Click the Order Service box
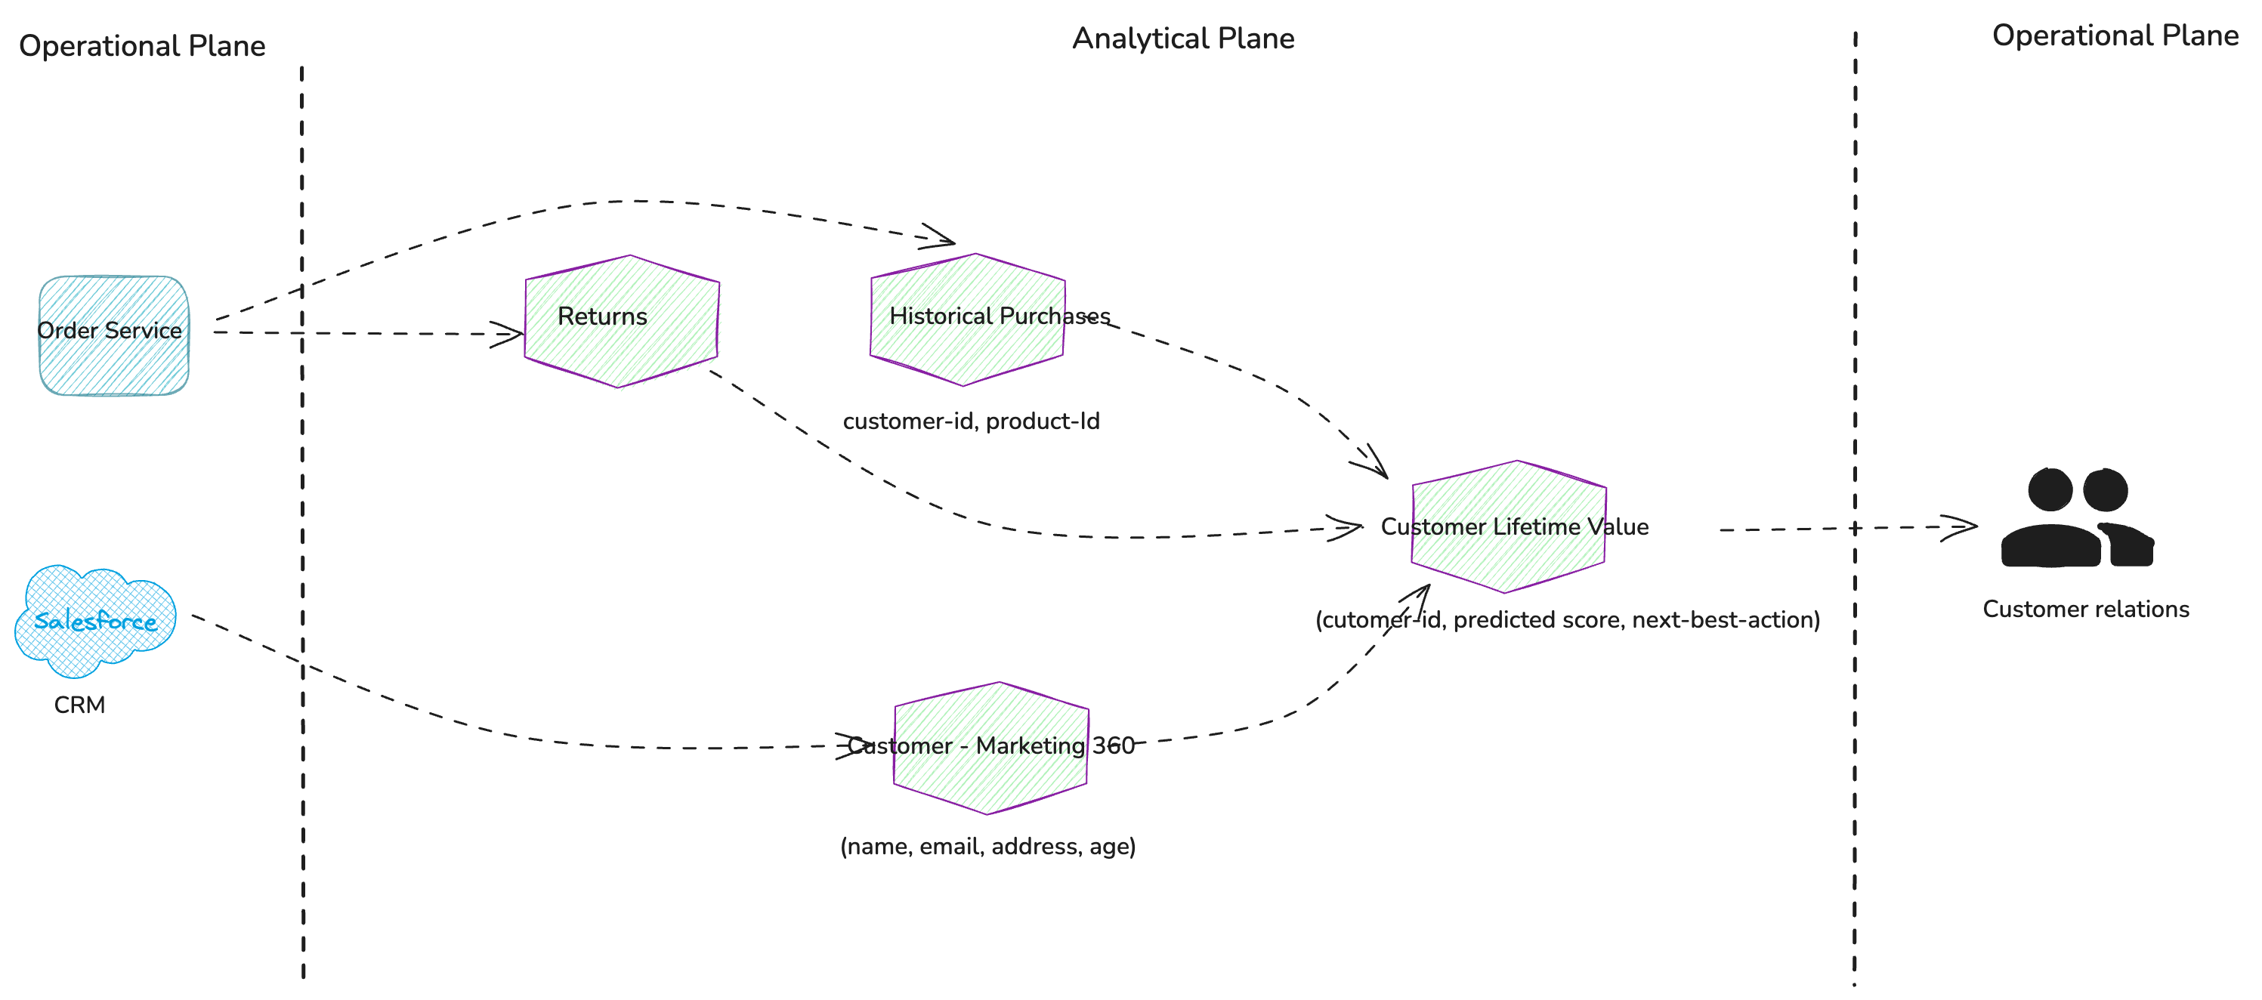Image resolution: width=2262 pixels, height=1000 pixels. (113, 335)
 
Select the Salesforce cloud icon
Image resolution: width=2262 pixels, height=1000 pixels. (95, 621)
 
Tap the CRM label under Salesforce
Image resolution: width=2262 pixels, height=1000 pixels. (79, 705)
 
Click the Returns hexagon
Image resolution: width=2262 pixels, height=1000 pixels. (621, 320)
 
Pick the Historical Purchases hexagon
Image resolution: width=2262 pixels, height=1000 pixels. (967, 319)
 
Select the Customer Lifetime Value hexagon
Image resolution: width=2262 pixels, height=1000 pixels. (1509, 526)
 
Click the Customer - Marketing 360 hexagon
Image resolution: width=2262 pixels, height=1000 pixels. (990, 747)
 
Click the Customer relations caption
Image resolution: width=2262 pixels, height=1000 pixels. (2085, 610)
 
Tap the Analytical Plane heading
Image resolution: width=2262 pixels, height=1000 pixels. (1183, 39)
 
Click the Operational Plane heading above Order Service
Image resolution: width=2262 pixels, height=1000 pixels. (142, 45)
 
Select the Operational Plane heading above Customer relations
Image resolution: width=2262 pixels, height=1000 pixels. (2115, 35)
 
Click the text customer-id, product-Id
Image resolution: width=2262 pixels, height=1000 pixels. (970, 421)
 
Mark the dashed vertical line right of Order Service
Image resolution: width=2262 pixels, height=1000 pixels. (302, 526)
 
